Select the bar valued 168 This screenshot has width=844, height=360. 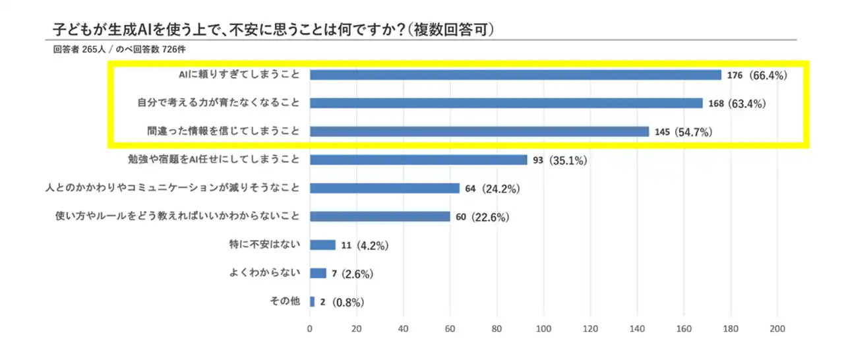pos(506,103)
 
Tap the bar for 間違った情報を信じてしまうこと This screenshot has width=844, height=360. pos(479,131)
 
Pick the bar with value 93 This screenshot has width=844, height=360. pos(419,160)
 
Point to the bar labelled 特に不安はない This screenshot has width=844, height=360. pos(322,245)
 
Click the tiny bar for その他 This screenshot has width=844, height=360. pos(312,302)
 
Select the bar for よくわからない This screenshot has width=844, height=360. pos(318,273)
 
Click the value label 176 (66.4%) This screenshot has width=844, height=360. pos(758,75)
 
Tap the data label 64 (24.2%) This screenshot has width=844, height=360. pos(493,189)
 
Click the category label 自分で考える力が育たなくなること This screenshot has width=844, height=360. pos(218,103)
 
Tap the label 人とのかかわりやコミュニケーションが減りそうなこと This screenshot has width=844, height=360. pos(173,188)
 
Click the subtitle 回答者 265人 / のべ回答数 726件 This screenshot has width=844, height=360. pos(123,49)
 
